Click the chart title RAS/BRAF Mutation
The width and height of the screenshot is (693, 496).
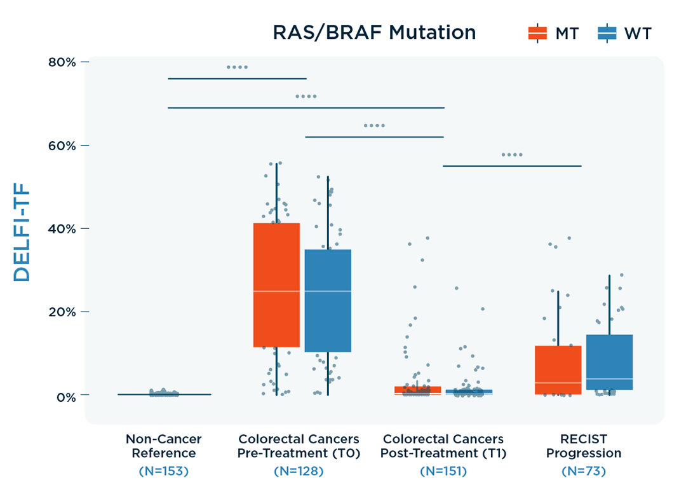point(374,32)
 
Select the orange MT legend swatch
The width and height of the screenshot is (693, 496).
point(537,33)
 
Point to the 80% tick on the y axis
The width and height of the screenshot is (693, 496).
point(62,62)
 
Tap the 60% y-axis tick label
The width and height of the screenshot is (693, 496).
point(62,146)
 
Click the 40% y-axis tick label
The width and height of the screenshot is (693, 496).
point(62,228)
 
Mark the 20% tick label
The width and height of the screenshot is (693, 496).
point(62,312)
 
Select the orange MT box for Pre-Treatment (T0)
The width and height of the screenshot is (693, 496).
point(276,284)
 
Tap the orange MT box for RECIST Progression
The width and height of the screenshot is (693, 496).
point(558,369)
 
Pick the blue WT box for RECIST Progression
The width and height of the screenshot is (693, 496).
point(609,362)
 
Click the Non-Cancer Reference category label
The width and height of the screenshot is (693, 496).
point(163,446)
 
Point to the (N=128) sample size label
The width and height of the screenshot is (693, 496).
point(299,472)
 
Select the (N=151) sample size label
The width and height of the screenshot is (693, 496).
point(443,472)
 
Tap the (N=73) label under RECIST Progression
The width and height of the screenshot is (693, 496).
point(584,472)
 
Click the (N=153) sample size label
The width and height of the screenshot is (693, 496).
point(163,472)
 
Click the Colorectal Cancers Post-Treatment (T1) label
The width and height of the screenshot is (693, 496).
point(443,446)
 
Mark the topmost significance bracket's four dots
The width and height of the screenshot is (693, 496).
point(237,67)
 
